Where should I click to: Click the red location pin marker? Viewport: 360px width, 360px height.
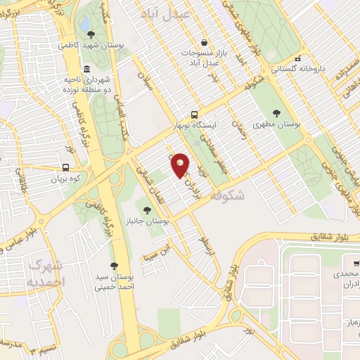[x=181, y=165]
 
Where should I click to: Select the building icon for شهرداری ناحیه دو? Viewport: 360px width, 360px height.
[x=86, y=69]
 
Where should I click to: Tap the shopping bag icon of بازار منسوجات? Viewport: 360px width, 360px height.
[x=203, y=41]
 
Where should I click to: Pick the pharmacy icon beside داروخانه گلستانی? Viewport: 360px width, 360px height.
[x=298, y=58]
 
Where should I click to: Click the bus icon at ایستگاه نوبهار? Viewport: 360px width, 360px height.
[x=194, y=115]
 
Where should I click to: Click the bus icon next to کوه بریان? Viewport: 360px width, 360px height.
[x=65, y=168]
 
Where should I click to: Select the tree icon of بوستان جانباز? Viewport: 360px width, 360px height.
[x=147, y=210]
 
